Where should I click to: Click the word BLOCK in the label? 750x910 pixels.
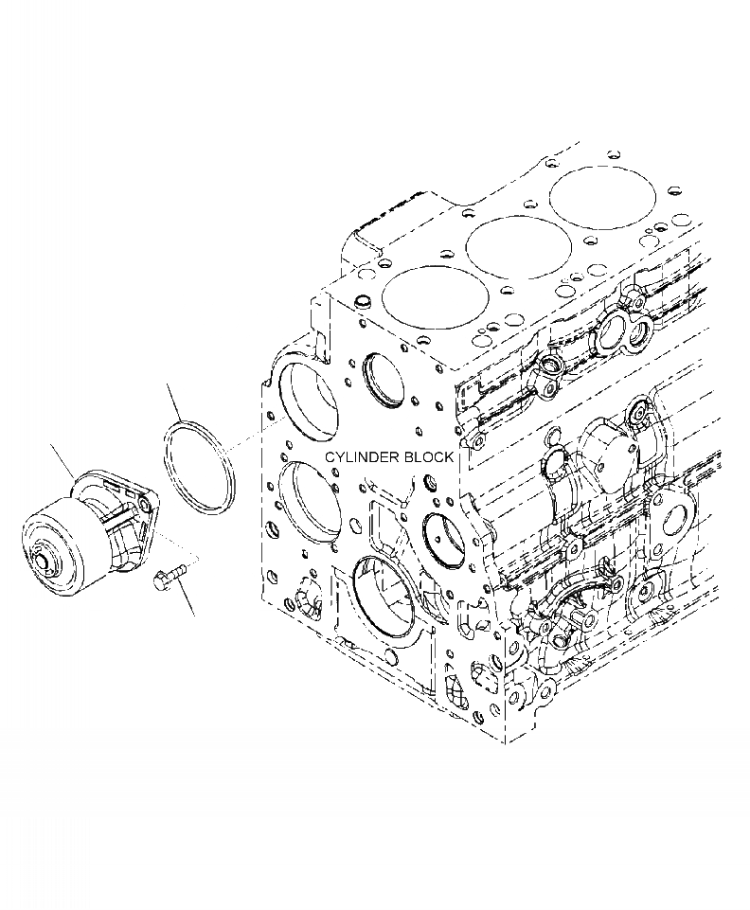[x=428, y=456]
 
